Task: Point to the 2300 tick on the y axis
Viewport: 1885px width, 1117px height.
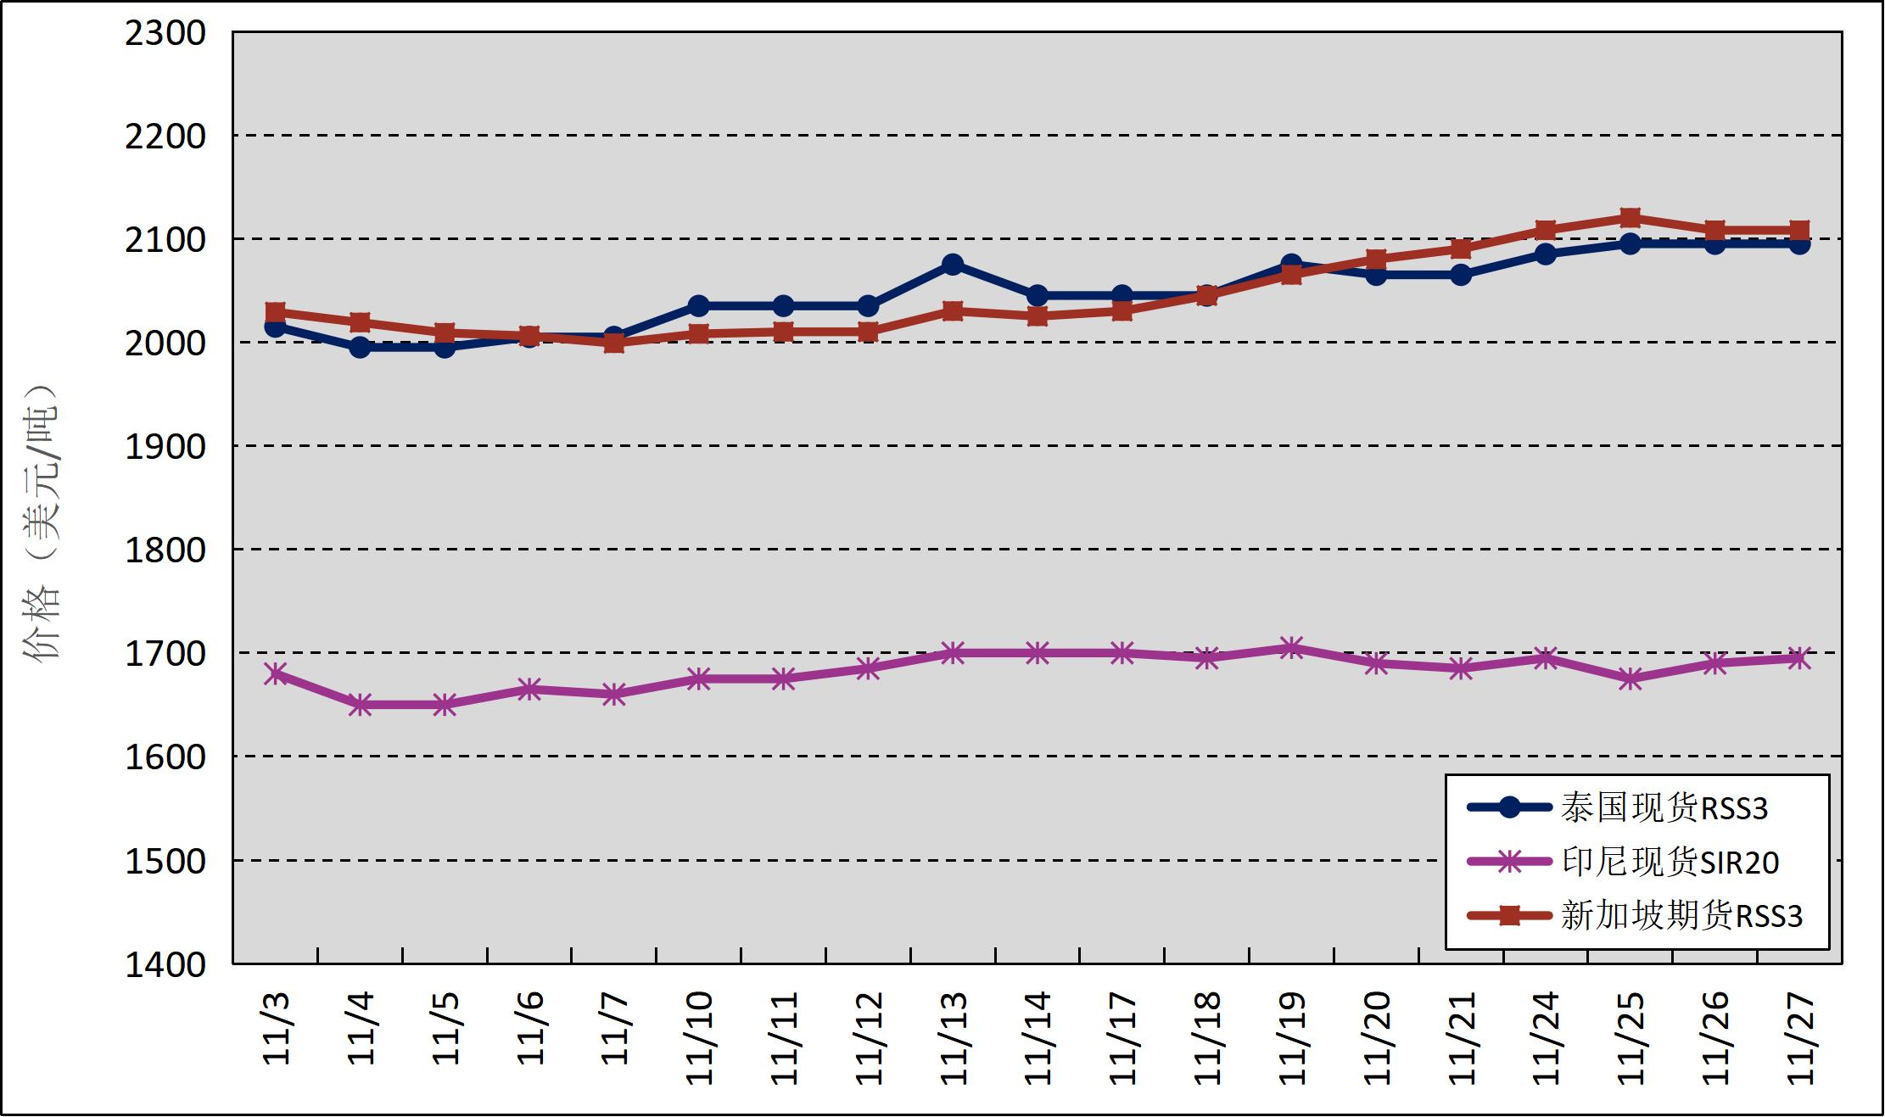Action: click(x=165, y=33)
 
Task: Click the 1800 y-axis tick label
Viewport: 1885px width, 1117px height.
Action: click(x=165, y=550)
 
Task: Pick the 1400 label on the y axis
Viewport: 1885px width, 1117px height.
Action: click(x=165, y=964)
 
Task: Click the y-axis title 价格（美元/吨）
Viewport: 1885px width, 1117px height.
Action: click(x=42, y=522)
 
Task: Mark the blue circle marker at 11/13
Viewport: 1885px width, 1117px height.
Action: click(x=953, y=264)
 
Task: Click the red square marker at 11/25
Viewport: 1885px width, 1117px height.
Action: click(x=1630, y=218)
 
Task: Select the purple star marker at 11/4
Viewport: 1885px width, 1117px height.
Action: click(x=360, y=704)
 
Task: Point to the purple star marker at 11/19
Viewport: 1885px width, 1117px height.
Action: click(x=1291, y=649)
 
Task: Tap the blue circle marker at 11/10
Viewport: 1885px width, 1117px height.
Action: click(x=698, y=305)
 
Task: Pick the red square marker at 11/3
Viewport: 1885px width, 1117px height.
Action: click(x=275, y=312)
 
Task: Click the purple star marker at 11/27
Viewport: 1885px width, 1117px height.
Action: click(x=1799, y=658)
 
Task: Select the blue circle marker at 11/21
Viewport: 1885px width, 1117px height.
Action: click(x=1461, y=275)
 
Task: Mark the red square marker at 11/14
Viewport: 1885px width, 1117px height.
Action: click(x=1038, y=316)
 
